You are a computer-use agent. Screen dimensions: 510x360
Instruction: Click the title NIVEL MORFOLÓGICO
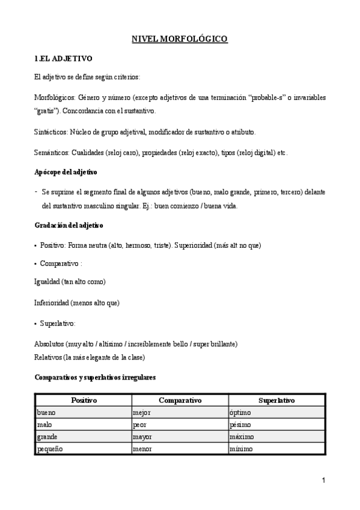tap(180, 39)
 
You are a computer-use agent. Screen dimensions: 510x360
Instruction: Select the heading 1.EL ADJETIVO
tap(63, 58)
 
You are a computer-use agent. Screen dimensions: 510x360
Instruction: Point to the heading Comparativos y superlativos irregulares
tap(96, 377)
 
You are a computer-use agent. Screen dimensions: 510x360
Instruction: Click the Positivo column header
tap(84, 401)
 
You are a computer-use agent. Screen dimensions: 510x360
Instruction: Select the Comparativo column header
tap(180, 401)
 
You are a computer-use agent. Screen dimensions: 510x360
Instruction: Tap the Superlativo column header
tap(276, 401)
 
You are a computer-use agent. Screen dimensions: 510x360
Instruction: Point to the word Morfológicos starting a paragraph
tap(55, 97)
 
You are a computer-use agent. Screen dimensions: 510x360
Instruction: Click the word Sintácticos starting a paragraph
tap(51, 131)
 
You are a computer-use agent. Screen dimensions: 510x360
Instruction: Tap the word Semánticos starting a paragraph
tap(52, 153)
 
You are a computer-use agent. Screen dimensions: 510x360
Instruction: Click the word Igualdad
tap(47, 281)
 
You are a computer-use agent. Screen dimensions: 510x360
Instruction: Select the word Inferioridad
tap(52, 303)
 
